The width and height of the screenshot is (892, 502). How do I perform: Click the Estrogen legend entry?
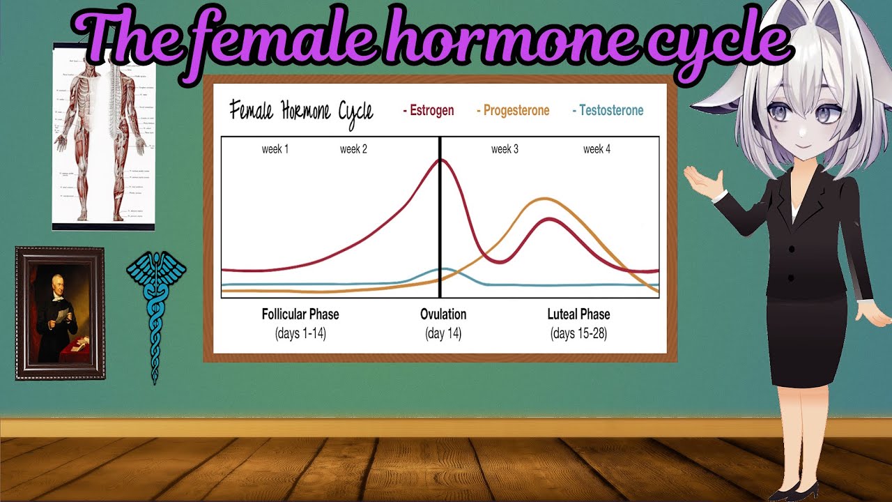pos(429,110)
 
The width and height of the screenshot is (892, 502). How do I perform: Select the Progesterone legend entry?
pos(513,110)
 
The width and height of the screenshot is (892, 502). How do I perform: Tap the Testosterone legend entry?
pos(608,110)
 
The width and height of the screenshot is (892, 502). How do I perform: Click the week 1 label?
pos(275,149)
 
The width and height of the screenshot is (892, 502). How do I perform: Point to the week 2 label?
pos(353,149)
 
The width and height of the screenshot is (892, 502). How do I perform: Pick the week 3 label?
pos(505,149)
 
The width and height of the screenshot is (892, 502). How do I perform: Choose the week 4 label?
pos(597,149)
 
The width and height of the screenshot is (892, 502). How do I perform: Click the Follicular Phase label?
pos(300,314)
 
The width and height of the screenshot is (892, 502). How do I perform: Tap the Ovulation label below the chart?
pos(443,314)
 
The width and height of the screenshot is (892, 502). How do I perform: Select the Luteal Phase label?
pos(578,314)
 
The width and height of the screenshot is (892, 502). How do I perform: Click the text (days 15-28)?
pos(578,334)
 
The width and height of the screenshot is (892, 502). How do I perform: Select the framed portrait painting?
pos(60,313)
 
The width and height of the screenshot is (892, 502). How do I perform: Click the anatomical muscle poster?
pos(103,136)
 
